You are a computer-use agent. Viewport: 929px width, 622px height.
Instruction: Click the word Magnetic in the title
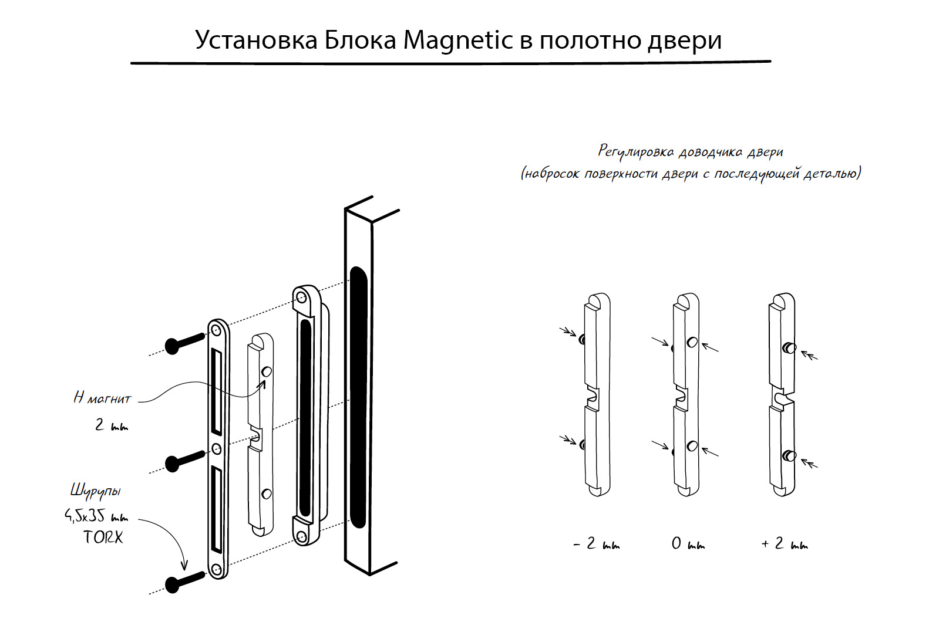pyautogui.click(x=457, y=40)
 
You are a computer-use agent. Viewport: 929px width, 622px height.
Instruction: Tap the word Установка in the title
pyautogui.click(x=256, y=40)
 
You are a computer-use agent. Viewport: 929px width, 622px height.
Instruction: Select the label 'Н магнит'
pyautogui.click(x=102, y=398)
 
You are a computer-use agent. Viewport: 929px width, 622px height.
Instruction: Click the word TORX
pyautogui.click(x=103, y=538)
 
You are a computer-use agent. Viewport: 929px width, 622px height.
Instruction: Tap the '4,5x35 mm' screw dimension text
pyautogui.click(x=96, y=516)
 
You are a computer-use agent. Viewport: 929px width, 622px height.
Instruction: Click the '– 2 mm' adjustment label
pyautogui.click(x=596, y=545)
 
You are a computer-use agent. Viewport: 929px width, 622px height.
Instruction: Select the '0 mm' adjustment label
pyautogui.click(x=688, y=545)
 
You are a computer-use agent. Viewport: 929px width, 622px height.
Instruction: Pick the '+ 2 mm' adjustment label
pyautogui.click(x=784, y=545)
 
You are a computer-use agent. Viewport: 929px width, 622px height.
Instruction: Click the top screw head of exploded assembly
pyautogui.click(x=172, y=346)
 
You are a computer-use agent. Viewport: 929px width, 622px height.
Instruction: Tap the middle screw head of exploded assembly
pyautogui.click(x=173, y=464)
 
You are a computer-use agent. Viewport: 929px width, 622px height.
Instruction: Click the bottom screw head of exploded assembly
pyautogui.click(x=173, y=584)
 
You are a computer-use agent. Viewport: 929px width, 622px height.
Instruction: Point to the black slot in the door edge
pyautogui.click(x=358, y=397)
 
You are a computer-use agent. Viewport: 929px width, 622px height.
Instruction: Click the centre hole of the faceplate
pyautogui.click(x=216, y=449)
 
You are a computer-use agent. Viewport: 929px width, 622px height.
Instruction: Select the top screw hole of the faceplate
pyautogui.click(x=217, y=331)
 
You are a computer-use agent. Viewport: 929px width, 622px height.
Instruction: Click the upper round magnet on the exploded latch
pyautogui.click(x=266, y=371)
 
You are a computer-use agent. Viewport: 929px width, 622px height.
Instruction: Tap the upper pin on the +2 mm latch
pyautogui.click(x=791, y=348)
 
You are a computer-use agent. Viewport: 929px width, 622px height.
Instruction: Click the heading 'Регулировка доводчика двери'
pyautogui.click(x=691, y=152)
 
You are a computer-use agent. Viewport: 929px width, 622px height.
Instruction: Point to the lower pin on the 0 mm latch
pyautogui.click(x=692, y=446)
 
